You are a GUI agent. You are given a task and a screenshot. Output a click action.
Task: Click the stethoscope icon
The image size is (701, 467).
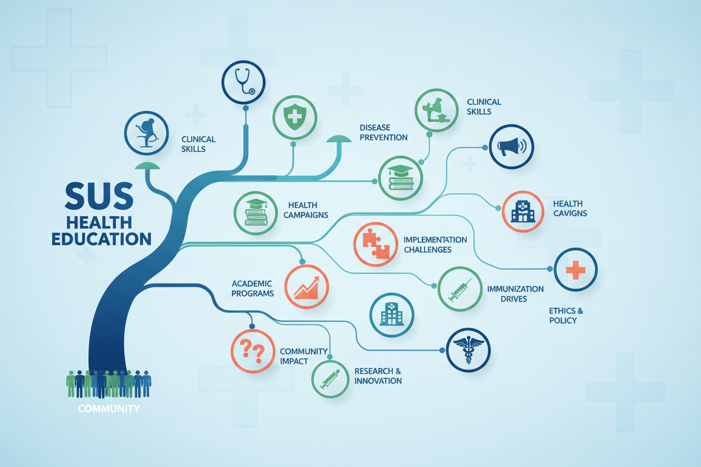click(x=243, y=81)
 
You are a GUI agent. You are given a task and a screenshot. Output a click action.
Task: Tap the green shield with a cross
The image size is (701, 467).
click(x=294, y=117)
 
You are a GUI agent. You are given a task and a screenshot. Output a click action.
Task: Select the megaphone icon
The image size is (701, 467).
click(x=511, y=146)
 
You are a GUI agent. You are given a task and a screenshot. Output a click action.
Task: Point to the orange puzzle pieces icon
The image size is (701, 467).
click(x=376, y=244)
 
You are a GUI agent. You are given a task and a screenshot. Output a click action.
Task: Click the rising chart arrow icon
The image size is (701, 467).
click(x=306, y=287)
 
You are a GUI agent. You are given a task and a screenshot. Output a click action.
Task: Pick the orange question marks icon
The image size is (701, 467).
click(x=253, y=351)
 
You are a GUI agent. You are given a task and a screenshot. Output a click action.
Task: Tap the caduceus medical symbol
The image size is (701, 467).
click(x=468, y=350)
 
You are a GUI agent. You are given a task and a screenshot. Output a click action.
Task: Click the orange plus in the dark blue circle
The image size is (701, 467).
click(x=576, y=269)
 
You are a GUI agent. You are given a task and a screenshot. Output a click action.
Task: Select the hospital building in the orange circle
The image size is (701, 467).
click(x=522, y=212)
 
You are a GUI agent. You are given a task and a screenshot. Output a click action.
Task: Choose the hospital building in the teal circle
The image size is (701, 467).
click(x=392, y=314)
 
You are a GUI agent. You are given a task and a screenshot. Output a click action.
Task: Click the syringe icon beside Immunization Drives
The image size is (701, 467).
click(x=459, y=290)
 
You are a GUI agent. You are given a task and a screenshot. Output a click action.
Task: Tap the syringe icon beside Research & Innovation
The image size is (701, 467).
click(x=330, y=379)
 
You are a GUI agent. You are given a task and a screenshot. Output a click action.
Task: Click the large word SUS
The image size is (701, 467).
click(x=99, y=196)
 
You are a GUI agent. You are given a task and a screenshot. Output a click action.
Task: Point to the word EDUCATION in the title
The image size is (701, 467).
click(x=102, y=239)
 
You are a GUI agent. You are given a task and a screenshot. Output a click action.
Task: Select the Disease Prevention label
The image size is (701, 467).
click(x=383, y=132)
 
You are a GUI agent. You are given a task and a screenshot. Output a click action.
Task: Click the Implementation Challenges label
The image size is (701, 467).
click(x=435, y=245)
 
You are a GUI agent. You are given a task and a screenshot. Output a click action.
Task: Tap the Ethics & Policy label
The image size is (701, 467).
click(x=566, y=315)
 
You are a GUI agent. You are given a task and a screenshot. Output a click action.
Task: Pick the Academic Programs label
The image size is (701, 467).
click(x=252, y=289)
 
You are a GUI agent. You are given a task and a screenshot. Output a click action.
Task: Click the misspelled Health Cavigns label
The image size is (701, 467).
click(x=570, y=209)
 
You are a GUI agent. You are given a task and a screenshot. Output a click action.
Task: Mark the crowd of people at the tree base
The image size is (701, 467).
click(x=108, y=384)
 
